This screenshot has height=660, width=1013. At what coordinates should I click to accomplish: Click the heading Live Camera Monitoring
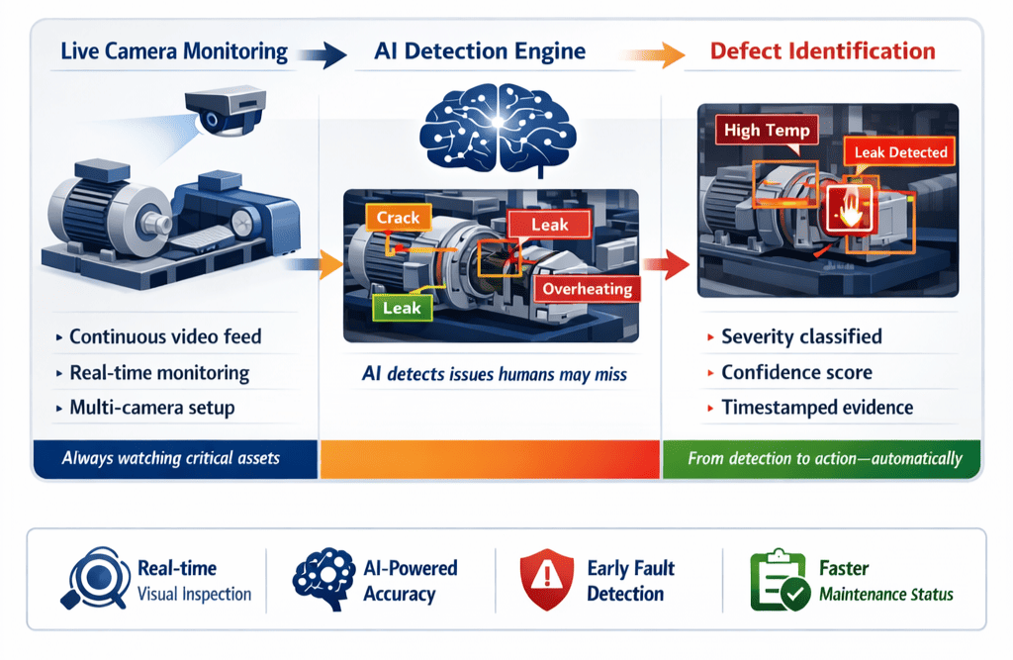tap(174, 51)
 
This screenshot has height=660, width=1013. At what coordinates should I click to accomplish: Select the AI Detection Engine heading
tap(479, 51)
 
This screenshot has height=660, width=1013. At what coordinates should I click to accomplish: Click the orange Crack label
tap(399, 218)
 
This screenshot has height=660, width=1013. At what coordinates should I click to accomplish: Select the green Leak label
tap(402, 308)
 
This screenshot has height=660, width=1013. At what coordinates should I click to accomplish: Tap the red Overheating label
tap(588, 289)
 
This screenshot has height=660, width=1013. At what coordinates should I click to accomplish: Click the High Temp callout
tap(767, 131)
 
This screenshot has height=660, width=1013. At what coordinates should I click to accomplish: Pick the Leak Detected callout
tap(901, 152)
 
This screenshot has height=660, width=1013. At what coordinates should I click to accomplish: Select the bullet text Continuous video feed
tap(165, 336)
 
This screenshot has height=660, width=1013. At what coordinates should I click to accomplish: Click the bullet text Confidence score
tap(796, 372)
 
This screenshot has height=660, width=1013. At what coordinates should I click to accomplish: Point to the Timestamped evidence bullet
tap(817, 408)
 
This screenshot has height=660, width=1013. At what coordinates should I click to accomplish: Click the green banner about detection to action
tap(823, 458)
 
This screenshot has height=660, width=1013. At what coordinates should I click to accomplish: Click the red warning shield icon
tap(546, 580)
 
